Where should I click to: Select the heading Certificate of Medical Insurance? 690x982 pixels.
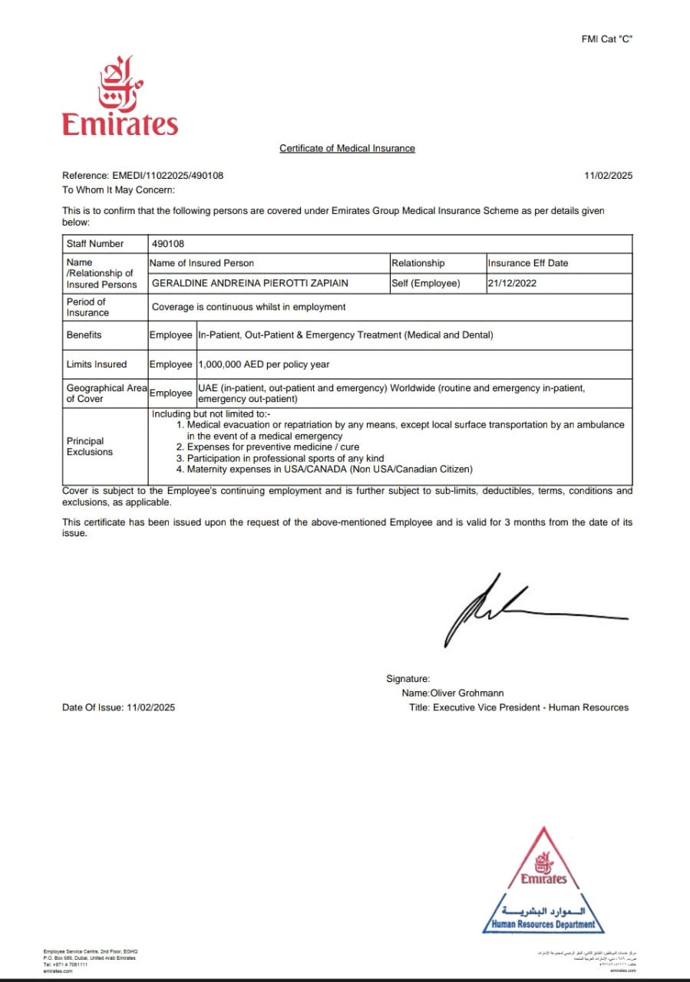coord(347,148)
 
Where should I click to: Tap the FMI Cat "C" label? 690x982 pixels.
coord(606,39)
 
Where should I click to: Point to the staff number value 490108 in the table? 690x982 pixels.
coord(168,243)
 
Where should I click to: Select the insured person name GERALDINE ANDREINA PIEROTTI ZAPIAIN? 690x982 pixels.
coord(249,283)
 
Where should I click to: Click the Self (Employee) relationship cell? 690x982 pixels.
coord(425,283)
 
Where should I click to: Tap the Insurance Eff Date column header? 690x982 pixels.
coord(527,263)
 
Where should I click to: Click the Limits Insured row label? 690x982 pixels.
coord(96,364)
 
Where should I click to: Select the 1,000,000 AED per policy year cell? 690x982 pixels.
coord(263,364)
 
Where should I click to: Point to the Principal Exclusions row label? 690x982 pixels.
coord(89,447)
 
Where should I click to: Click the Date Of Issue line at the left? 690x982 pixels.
coord(118,707)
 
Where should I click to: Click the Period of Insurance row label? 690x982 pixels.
coord(87,307)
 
